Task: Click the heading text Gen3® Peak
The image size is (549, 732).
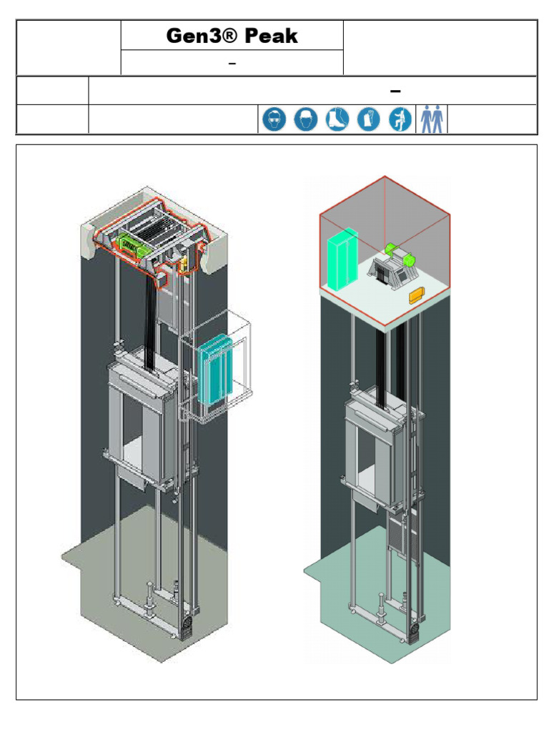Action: [x=232, y=36]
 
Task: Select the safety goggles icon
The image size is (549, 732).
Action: [x=272, y=119]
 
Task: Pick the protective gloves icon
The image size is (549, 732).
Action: [x=368, y=119]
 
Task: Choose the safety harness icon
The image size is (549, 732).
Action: [x=400, y=119]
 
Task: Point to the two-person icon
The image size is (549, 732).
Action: [x=432, y=119]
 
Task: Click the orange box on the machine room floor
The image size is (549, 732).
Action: [x=416, y=295]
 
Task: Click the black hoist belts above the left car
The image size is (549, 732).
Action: [x=152, y=315]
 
